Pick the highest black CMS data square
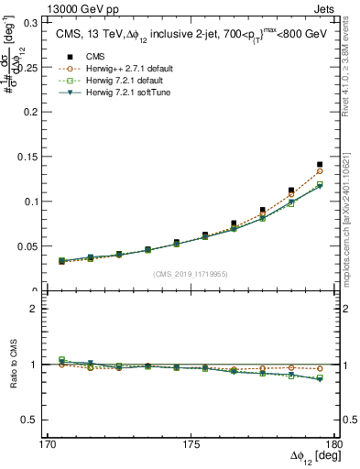(x=320, y=165)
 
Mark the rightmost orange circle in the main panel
(x=320, y=171)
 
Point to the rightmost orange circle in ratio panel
(x=320, y=369)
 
